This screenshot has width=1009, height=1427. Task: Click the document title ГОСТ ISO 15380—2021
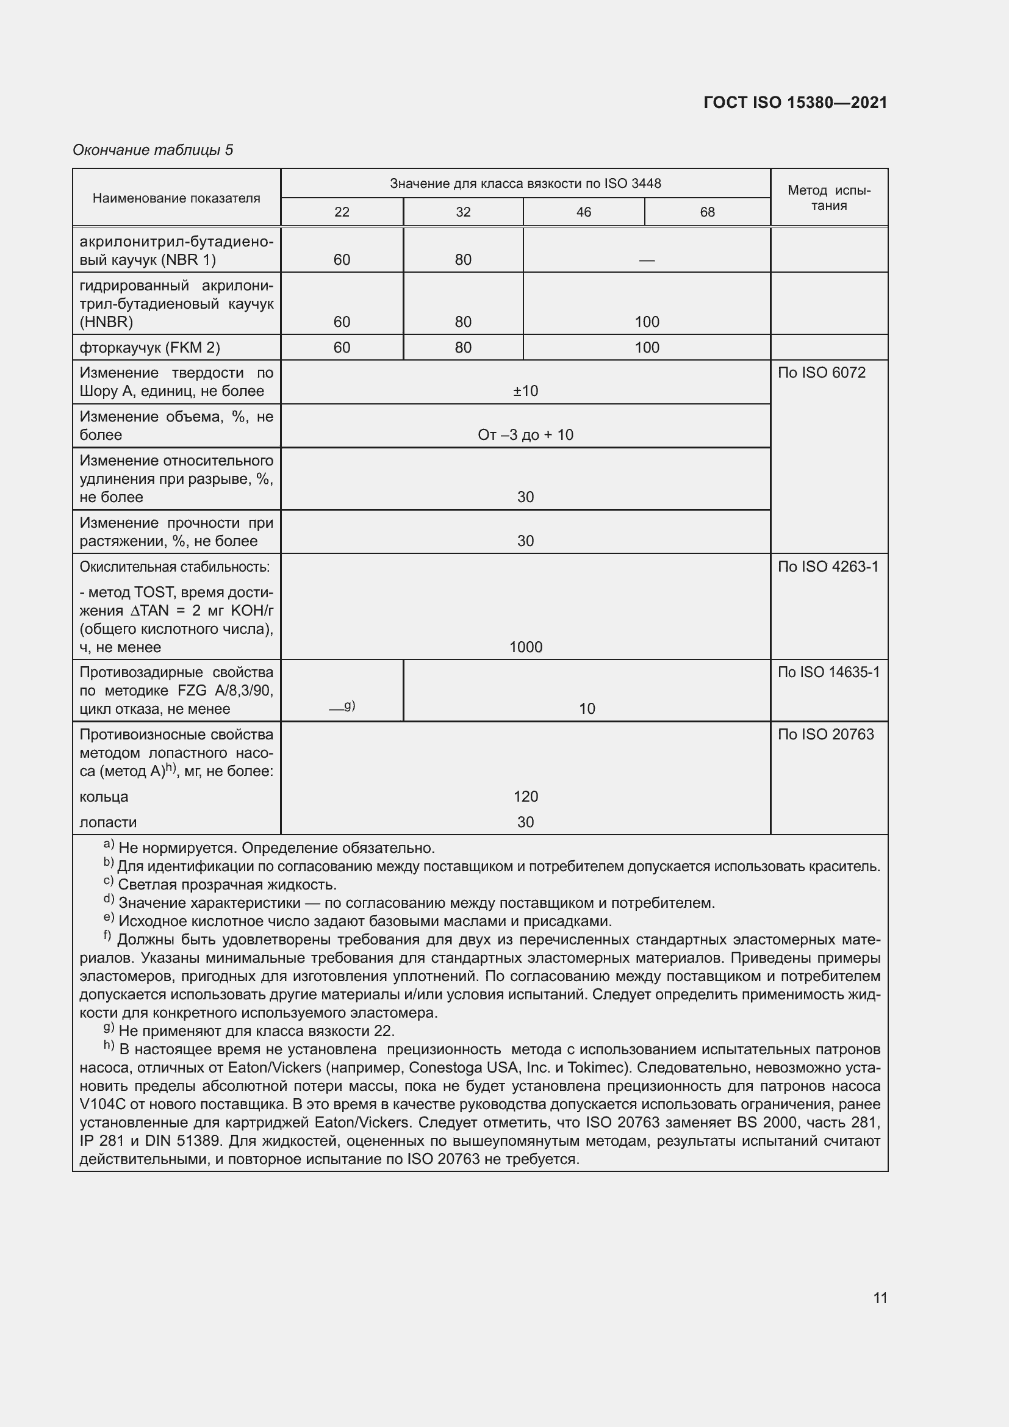pos(795,102)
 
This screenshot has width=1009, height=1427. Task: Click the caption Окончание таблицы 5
pos(153,150)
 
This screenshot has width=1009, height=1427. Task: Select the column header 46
pos(583,212)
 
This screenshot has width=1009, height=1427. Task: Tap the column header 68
pos(707,212)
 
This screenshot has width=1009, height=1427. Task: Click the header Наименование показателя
pos(176,198)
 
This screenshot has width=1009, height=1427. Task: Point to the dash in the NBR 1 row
pos(646,261)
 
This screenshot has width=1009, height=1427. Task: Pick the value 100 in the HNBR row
pos(646,322)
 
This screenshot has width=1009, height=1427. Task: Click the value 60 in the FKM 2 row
pos(342,347)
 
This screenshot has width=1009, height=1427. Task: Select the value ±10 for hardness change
pos(525,391)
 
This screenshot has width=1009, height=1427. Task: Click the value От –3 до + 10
pos(525,435)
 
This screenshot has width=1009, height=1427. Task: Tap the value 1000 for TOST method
pos(525,647)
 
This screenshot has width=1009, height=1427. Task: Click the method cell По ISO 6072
pos(820,373)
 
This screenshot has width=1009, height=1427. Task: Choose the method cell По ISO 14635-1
pos(828,672)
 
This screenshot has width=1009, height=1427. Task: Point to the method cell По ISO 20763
pos(825,735)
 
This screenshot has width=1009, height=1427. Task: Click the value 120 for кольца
pos(525,797)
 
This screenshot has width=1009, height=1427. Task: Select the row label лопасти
pos(108,822)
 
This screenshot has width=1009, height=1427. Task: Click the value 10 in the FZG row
pos(586,709)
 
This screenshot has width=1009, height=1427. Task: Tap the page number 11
pos(880,1298)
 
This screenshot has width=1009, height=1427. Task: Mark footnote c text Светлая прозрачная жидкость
pos(228,885)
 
